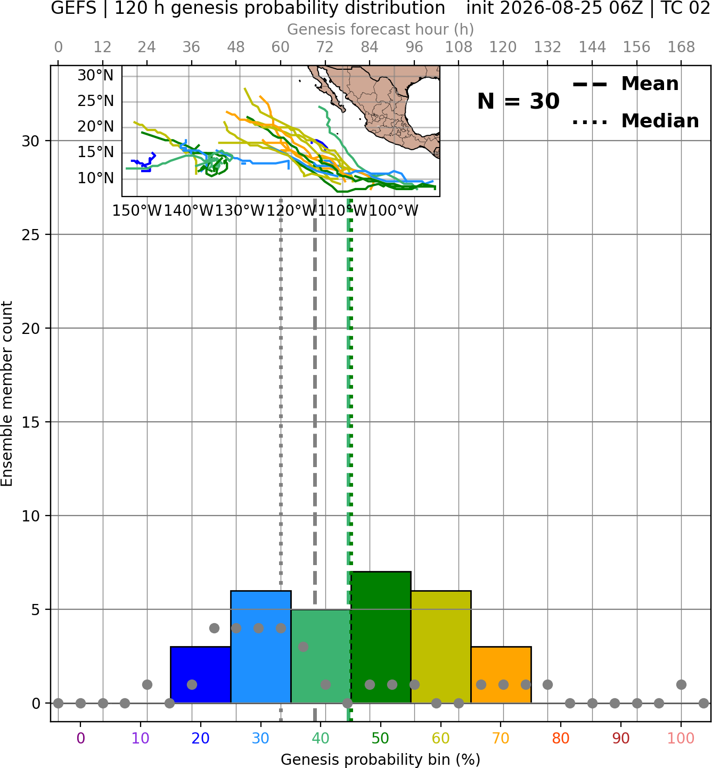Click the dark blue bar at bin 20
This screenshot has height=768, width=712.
click(200, 675)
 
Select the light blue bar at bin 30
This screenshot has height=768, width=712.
click(260, 647)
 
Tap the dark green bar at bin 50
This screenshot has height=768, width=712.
click(381, 638)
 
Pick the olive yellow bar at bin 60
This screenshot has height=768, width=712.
click(441, 647)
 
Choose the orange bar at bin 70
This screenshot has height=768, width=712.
click(501, 675)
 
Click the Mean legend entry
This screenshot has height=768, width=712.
click(625, 84)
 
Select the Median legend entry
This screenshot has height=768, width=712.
click(635, 121)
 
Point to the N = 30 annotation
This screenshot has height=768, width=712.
click(518, 101)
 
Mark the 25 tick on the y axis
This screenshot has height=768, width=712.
click(30, 235)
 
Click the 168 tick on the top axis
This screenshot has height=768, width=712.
click(681, 47)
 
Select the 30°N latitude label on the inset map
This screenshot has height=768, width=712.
click(95, 76)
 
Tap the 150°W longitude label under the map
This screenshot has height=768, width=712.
click(137, 211)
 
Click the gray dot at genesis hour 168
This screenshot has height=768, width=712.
click(681, 684)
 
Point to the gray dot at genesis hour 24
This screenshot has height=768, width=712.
click(147, 684)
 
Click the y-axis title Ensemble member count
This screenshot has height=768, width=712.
click(6, 394)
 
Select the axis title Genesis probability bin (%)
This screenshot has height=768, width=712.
click(381, 759)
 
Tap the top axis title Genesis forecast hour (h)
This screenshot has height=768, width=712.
click(381, 29)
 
